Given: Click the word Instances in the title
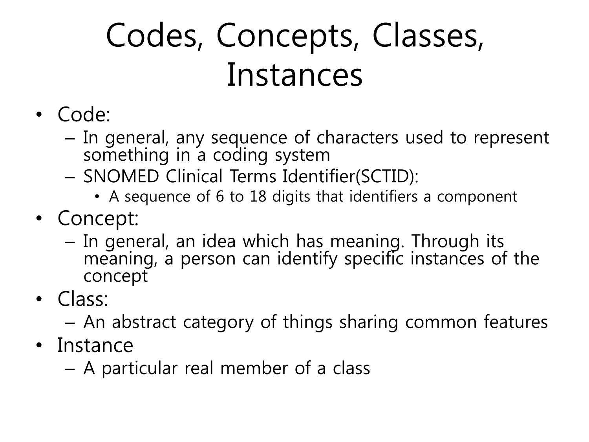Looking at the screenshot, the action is tap(294, 75).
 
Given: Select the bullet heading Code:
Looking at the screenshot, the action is tap(84, 114).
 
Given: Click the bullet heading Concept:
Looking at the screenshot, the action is tap(98, 219).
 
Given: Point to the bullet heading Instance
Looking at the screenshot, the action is tap(95, 345).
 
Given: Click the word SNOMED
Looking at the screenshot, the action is tap(121, 176).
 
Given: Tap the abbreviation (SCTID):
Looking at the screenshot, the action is tap(387, 176).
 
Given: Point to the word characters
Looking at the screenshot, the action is tap(357, 138).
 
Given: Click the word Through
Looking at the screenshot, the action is tap(445, 242).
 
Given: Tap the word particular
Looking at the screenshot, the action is tap(139, 369).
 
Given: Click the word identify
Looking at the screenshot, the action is tap(307, 259).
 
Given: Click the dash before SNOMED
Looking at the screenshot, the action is tap(70, 178).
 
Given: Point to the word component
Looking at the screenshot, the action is tap(477, 197).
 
